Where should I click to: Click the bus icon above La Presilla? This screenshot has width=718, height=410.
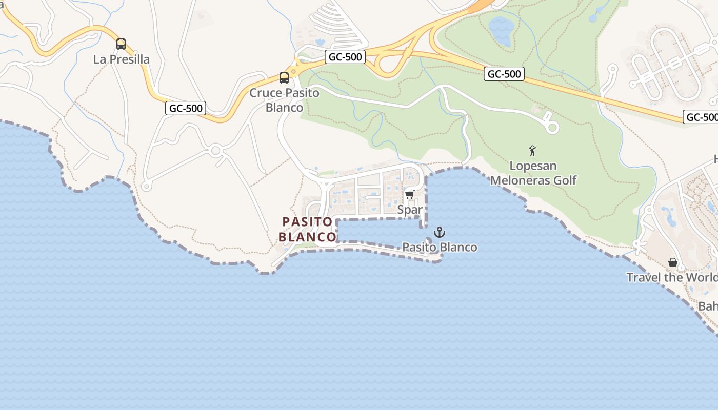coord(121,44)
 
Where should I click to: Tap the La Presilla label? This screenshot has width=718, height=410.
coord(122,59)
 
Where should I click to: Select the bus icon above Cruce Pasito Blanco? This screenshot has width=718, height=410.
coord(284,78)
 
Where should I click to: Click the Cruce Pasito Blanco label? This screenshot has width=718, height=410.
coord(284,100)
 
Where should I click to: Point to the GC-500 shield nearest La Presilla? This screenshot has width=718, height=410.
coord(186,108)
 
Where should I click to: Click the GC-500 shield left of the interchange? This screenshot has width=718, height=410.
coord(345,57)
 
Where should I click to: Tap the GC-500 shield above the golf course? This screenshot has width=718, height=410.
coord(504,74)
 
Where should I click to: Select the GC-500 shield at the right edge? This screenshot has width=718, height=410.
coord(702,117)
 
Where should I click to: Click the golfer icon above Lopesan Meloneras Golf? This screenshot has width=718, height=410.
coord(532,151)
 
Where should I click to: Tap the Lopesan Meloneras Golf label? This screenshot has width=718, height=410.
coord(533,173)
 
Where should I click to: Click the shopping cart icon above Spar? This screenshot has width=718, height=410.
coord(409,194)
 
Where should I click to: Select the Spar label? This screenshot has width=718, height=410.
coord(410,210)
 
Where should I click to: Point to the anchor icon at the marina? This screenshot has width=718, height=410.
coord(439,232)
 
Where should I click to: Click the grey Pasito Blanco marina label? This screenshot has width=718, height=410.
coord(440,247)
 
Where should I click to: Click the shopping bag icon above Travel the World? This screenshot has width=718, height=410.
coord(673,262)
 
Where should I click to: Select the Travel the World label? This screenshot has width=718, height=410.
coord(672,277)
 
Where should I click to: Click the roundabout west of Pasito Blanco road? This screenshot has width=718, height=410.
coord(215,151)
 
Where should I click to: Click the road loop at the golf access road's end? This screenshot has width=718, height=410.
coord(552,128)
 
